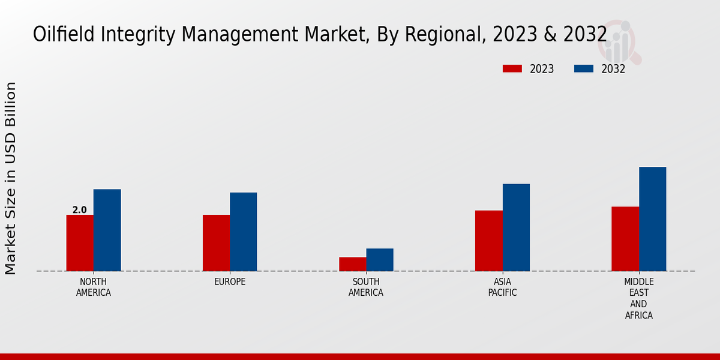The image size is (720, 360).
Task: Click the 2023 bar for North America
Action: coord(80,243)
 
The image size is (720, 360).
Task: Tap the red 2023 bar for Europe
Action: coord(216,243)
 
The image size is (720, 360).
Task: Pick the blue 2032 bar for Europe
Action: coord(243,232)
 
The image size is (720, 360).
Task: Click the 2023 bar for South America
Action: coord(352,264)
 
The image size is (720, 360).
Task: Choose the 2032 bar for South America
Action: coord(380,260)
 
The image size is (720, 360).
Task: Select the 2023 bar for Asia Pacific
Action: coord(488,241)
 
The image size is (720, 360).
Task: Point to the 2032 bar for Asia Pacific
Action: coord(516,227)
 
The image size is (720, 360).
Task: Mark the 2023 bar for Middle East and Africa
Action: coord(625,239)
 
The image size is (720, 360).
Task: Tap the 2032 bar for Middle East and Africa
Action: coord(652,219)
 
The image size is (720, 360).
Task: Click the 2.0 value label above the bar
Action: coord(79,210)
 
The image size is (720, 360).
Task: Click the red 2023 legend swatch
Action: coord(512,68)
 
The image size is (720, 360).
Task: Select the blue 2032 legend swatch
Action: coord(583,68)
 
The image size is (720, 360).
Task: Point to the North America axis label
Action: coord(94,287)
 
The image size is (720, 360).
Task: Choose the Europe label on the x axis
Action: coord(230,282)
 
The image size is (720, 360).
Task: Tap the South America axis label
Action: coord(366,287)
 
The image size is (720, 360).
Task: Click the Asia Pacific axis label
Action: coord(502,287)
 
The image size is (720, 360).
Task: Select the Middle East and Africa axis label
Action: coord(638,298)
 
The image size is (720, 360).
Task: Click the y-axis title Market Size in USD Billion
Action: coord(11,178)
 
